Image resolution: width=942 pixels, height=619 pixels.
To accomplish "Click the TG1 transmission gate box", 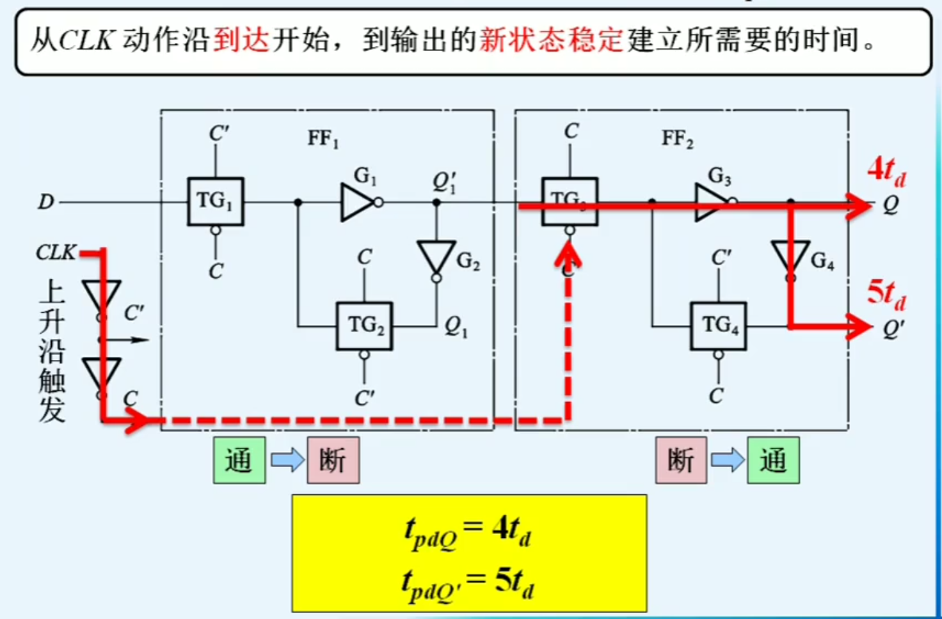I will pos(215,201).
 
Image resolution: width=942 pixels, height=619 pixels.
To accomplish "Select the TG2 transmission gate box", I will pos(364,325).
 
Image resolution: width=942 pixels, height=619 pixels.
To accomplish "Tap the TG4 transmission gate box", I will pos(718,325).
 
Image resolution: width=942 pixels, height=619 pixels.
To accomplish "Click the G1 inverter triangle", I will pos(356,203).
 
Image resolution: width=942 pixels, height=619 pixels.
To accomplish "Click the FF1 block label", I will pos(323,138).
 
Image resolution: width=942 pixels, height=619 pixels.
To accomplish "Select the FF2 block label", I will pos(677,138).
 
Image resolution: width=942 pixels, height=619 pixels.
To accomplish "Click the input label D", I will pos(45,202).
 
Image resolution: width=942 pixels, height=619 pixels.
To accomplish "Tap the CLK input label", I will pos(56,253).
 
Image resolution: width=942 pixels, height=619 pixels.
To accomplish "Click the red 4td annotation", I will pos(886,171).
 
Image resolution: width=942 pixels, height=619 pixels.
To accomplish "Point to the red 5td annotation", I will pos(886,294).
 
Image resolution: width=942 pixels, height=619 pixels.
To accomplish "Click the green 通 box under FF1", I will pos(239,460).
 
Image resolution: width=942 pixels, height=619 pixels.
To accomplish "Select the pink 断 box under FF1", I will pos(333,460).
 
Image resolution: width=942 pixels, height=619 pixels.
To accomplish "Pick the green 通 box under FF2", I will pos(773,460).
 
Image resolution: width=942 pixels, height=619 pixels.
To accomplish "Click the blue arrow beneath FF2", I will pos(728,460).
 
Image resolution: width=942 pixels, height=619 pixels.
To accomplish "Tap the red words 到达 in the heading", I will pos(242,40).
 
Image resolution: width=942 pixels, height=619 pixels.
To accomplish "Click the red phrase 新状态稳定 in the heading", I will pos(551,40).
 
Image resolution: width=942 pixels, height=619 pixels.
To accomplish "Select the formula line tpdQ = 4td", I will pos(468,531).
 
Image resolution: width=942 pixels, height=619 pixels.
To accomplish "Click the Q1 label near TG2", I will pos(456,327).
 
